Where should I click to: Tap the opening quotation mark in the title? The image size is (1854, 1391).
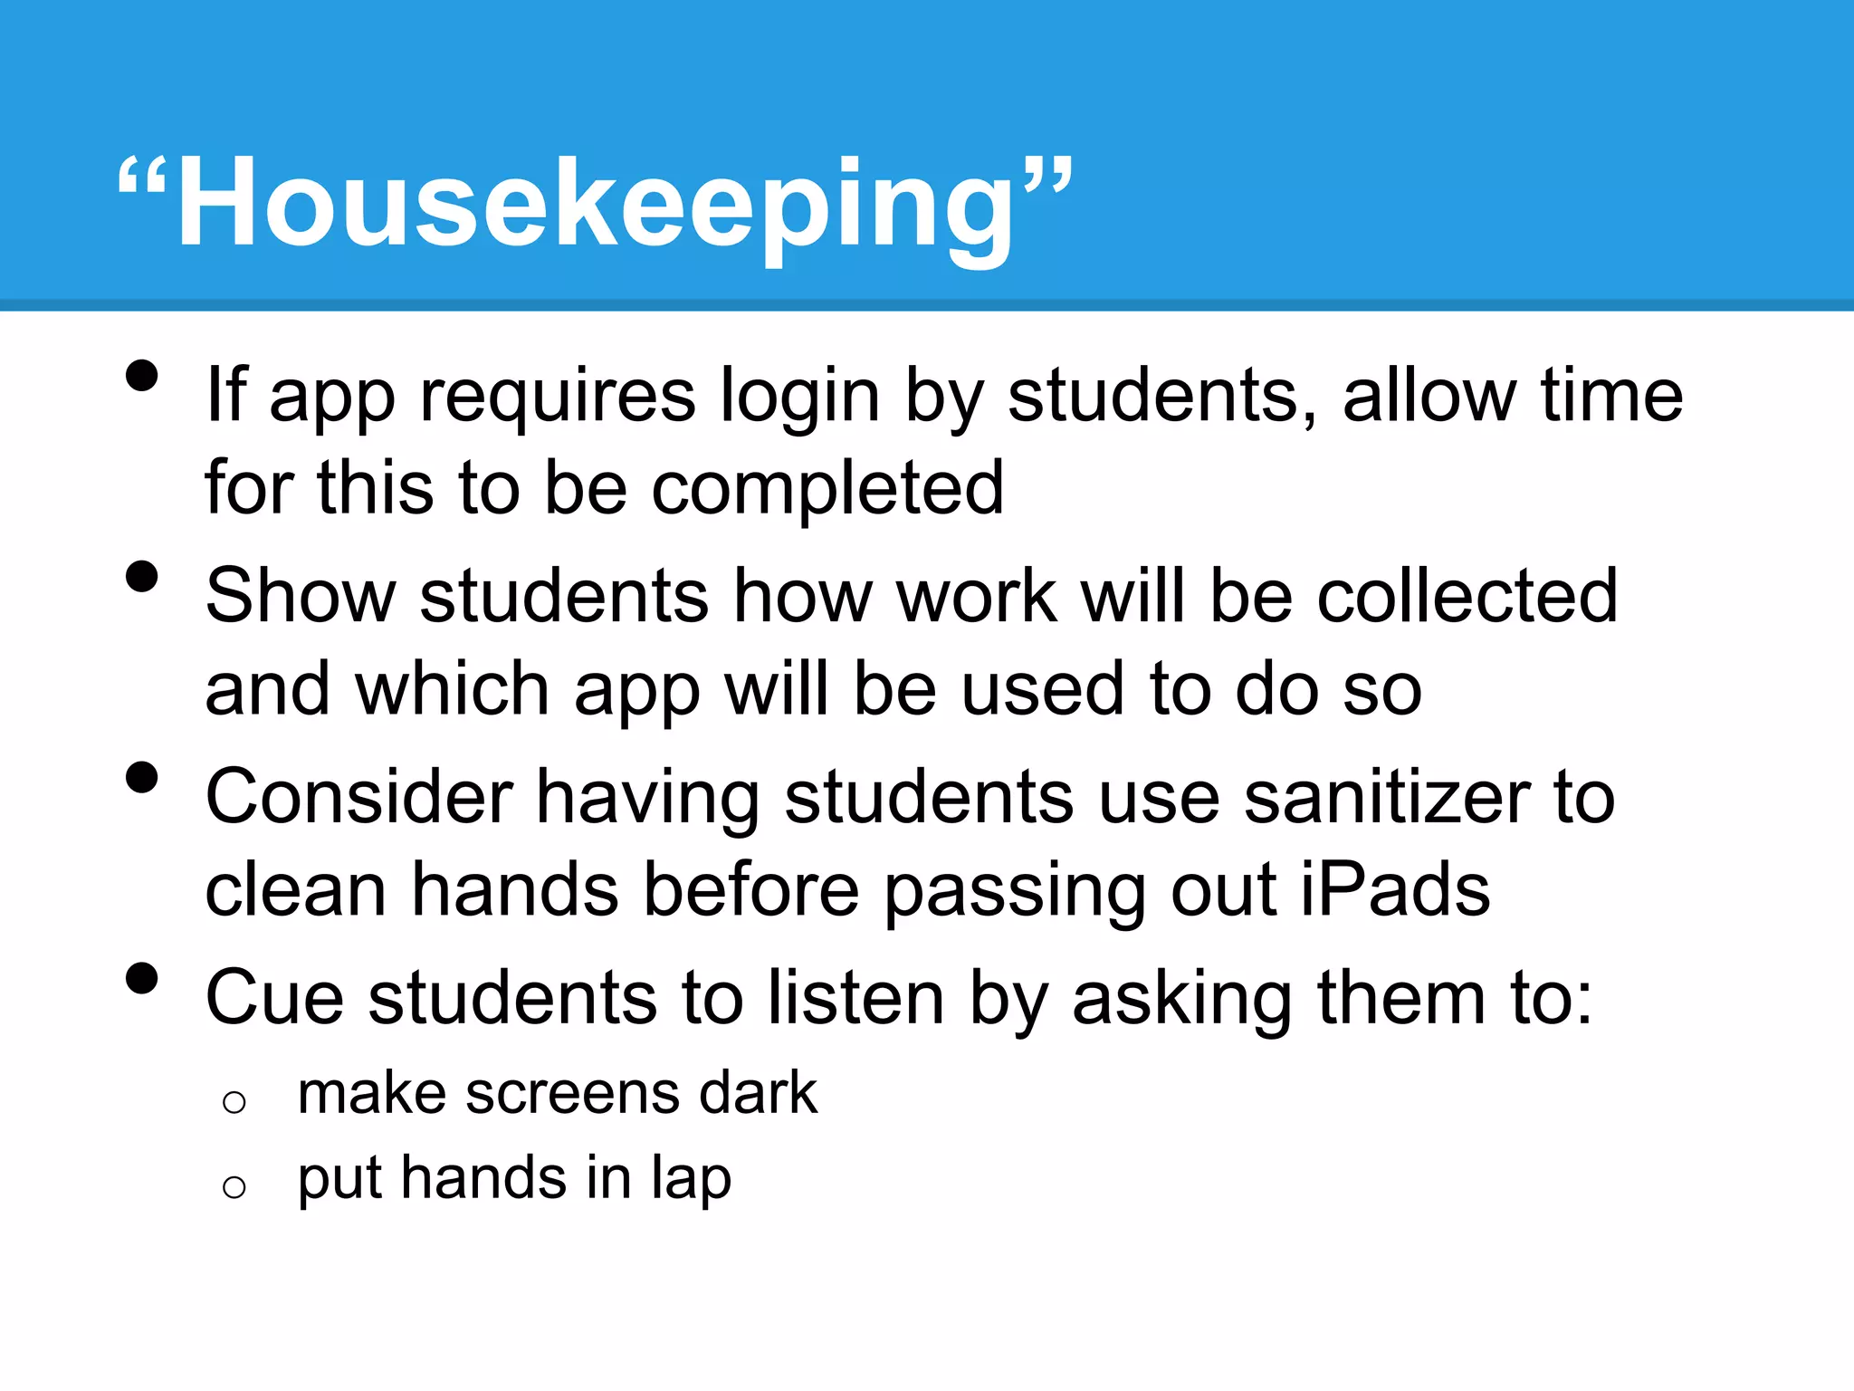pyautogui.click(x=143, y=181)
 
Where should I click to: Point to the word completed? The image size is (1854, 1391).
pyautogui.click(x=827, y=490)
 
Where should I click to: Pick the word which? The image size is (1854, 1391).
pyautogui.click(x=453, y=689)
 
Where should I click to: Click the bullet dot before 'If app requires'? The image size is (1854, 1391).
pyautogui.click(x=142, y=376)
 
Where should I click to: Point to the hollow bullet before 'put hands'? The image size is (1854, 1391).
pyautogui.click(x=234, y=1186)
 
